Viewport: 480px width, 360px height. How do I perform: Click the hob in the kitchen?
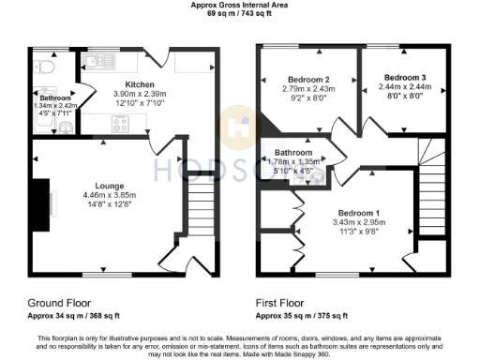click(x=123, y=124)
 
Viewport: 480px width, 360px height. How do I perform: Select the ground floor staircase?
click(x=202, y=211)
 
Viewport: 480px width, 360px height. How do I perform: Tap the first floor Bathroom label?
click(x=292, y=153)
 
